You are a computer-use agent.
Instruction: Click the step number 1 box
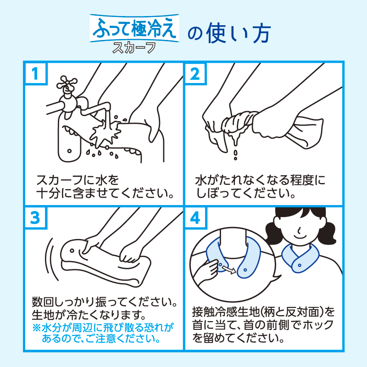35,73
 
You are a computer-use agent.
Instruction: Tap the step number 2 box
195,73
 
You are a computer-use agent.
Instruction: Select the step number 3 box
35,217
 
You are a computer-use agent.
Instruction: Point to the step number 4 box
195,217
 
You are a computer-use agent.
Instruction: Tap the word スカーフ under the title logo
134,48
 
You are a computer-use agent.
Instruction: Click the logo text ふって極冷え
134,28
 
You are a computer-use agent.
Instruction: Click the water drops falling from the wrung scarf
235,155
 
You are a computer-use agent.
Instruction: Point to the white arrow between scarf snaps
228,269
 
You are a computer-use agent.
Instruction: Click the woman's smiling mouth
301,237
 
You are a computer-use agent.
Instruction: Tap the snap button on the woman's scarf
300,265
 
